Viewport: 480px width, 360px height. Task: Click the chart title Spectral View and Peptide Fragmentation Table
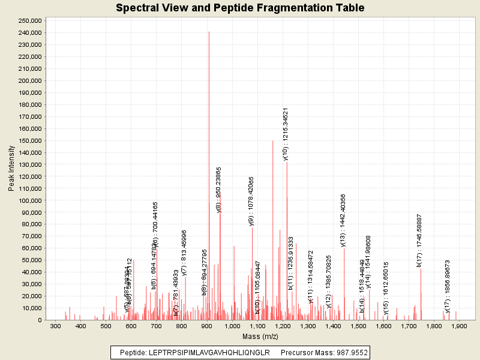[240, 8]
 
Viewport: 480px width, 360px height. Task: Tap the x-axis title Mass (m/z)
[257, 337]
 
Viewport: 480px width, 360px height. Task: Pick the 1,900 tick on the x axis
[459, 326]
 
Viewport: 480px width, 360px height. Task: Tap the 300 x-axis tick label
[56, 326]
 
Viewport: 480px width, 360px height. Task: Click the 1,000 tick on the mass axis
[232, 326]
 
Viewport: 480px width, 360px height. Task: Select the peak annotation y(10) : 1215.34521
[286, 134]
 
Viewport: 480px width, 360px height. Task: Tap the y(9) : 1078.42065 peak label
[251, 201]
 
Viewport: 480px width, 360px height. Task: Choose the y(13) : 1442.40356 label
[343, 220]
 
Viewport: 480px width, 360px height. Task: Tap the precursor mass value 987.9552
[350, 352]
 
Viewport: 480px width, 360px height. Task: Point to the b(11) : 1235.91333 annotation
[290, 263]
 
